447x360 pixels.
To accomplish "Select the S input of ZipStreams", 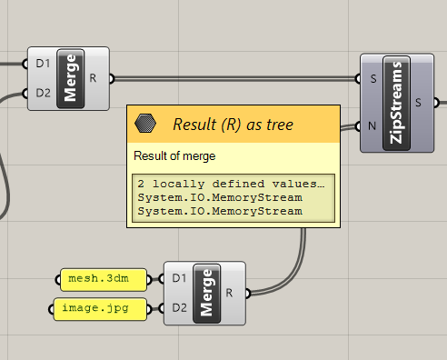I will click(373, 78).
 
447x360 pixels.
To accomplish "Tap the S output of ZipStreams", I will click(418, 101).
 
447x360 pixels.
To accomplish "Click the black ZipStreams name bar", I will click(396, 101).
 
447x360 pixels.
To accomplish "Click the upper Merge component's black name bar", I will click(71, 78).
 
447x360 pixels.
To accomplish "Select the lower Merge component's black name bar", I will click(206, 293).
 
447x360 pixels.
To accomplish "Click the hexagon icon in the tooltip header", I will click(144, 123).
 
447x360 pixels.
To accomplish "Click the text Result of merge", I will click(174, 156).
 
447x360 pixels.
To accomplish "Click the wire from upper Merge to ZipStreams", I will click(236, 78).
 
